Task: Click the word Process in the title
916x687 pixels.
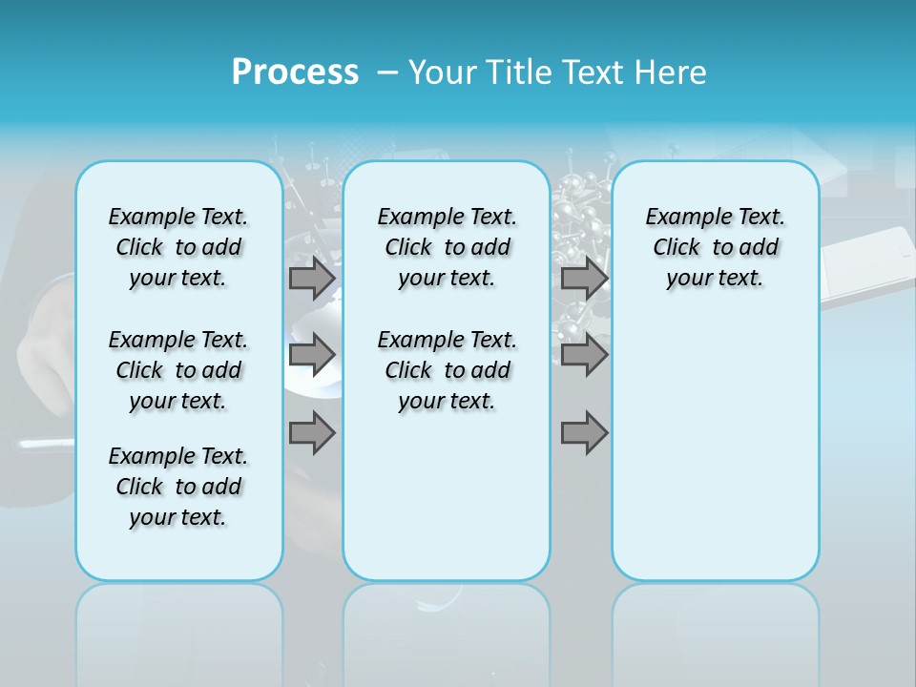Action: [x=295, y=73]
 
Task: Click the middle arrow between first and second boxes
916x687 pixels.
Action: [x=312, y=355]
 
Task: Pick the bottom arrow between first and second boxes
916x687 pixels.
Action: [x=312, y=433]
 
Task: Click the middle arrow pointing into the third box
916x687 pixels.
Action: [x=584, y=355]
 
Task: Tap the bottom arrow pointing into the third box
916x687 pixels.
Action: [x=584, y=433]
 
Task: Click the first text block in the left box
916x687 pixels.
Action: [x=178, y=247]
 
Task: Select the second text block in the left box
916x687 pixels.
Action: [x=178, y=370]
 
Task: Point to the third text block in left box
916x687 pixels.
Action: [x=178, y=487]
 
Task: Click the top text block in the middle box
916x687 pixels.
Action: [x=448, y=247]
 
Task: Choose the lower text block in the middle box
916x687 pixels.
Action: [x=448, y=370]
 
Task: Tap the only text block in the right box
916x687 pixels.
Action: [x=716, y=247]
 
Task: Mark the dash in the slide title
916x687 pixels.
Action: [x=386, y=73]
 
